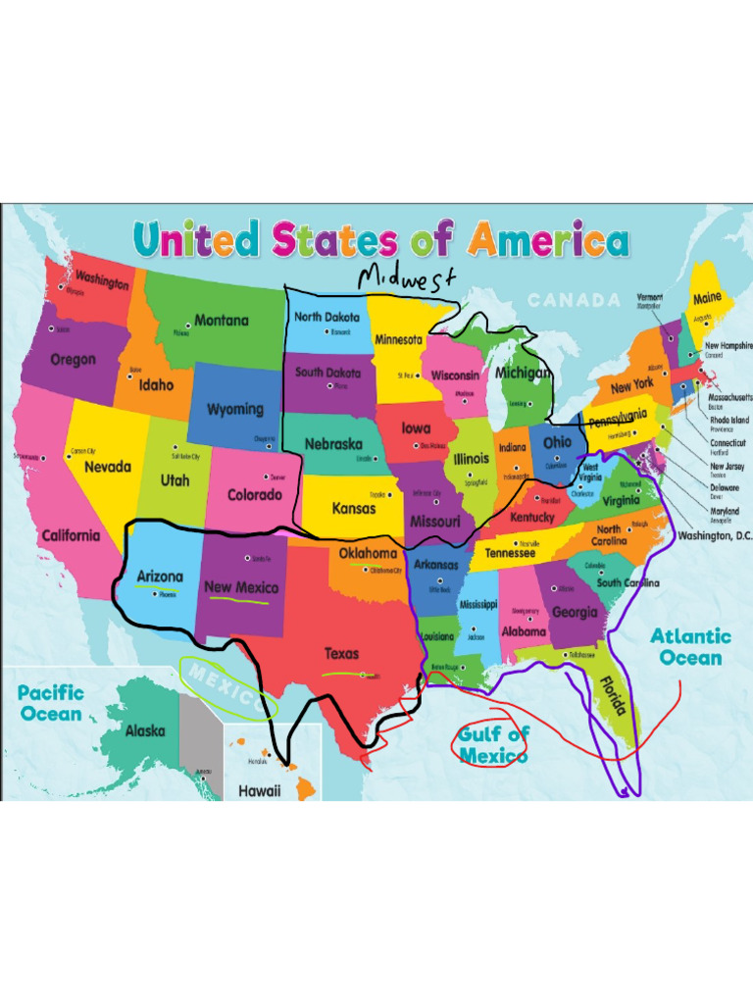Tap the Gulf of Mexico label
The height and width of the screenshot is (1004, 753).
[x=493, y=744]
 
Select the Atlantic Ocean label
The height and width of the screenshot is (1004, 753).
[x=690, y=647]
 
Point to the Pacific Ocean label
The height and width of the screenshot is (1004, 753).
[x=52, y=703]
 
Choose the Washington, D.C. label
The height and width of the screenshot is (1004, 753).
[x=720, y=535]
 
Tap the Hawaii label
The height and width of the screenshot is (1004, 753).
[x=260, y=790]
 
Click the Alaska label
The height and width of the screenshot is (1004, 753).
[x=145, y=730]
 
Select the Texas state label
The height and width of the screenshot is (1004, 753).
[x=342, y=653]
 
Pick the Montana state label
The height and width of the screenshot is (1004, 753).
[x=222, y=320]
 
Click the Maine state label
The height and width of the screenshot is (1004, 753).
[x=707, y=297]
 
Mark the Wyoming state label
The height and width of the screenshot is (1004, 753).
[x=234, y=409]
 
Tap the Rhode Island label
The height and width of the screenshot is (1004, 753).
[x=728, y=420]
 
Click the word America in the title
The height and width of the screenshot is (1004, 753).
[x=549, y=240]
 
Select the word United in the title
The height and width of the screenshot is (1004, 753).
[x=196, y=240]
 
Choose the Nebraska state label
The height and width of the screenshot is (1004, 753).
[x=332, y=444]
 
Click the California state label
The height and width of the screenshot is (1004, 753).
[x=71, y=535]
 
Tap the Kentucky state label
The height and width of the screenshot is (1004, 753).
[x=532, y=517]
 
